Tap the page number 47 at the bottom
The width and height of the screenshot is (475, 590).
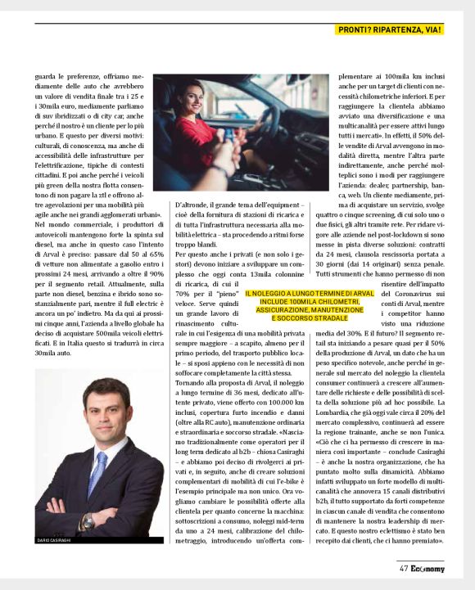click(404, 570)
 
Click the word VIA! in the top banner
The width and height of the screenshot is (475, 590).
click(434, 30)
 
